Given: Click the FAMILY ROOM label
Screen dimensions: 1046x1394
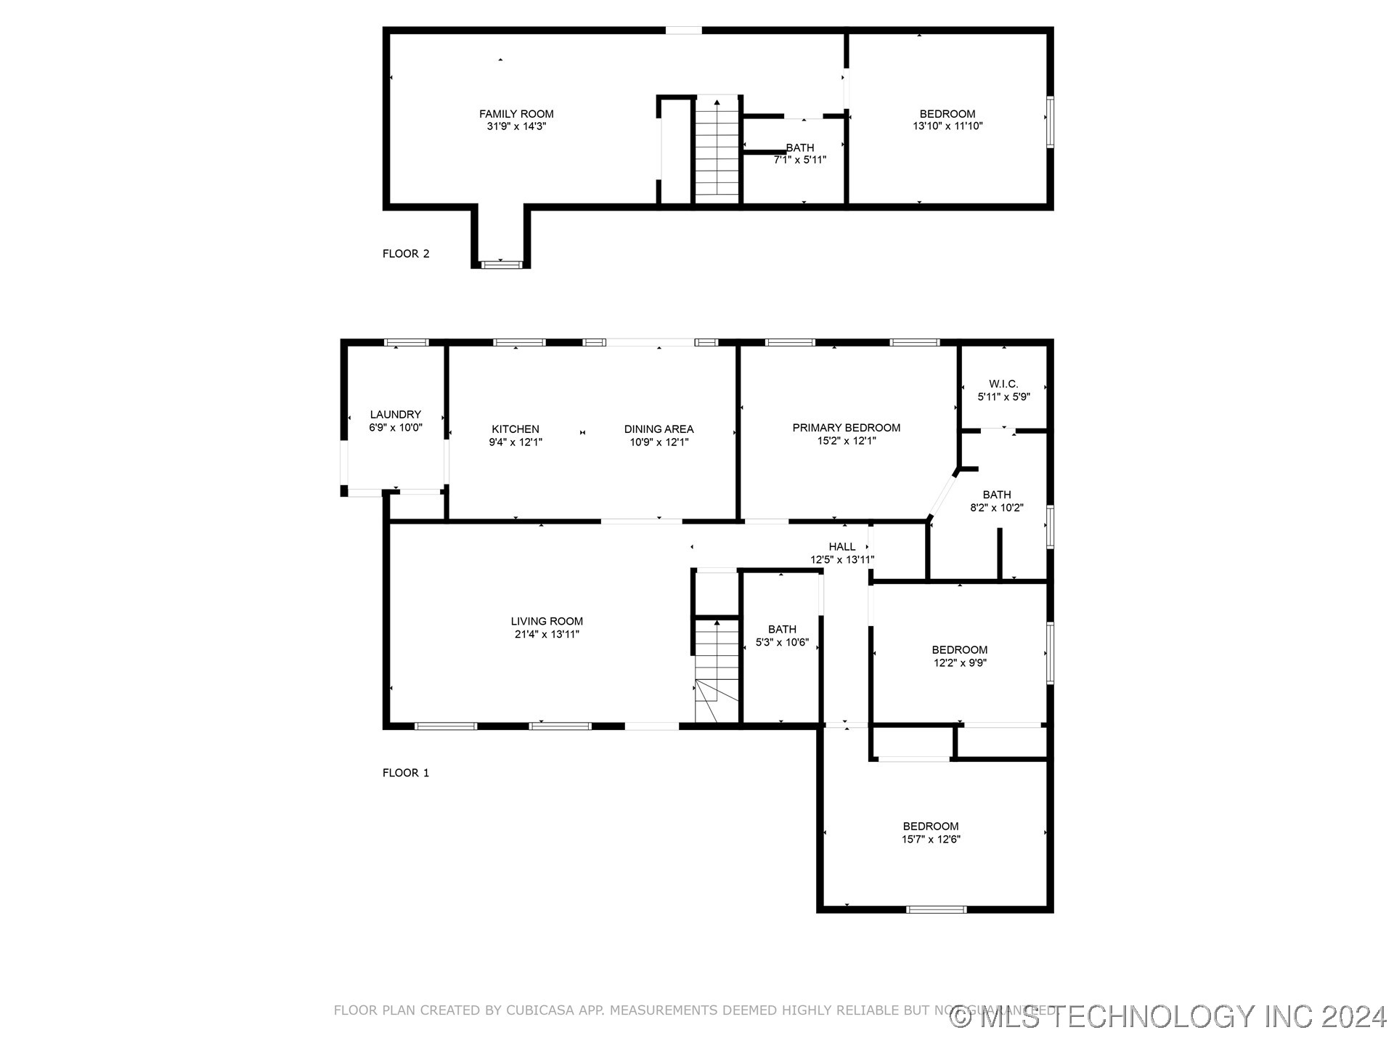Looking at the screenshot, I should click(x=516, y=114).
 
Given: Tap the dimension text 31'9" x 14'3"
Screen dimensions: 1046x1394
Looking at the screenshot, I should click(x=516, y=126).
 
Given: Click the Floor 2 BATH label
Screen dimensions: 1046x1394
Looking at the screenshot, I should click(x=800, y=147).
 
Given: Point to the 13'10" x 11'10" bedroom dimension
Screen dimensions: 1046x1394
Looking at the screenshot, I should click(x=947, y=126).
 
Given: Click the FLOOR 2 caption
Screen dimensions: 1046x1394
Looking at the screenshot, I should click(x=406, y=254).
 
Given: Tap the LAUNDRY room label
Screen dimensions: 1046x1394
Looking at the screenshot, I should click(x=396, y=415).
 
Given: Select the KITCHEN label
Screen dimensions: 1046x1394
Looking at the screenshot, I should click(x=515, y=429).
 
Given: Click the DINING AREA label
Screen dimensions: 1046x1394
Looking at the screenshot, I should click(x=659, y=429).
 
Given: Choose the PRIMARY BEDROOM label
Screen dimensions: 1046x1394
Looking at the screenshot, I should click(x=847, y=428).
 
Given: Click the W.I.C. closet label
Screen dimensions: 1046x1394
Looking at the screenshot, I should click(x=1003, y=384).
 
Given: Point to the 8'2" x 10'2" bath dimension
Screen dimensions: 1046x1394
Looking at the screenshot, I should click(x=997, y=508).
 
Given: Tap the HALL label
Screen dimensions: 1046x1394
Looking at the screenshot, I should click(x=842, y=547).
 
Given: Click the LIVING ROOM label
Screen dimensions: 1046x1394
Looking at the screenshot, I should click(x=547, y=621).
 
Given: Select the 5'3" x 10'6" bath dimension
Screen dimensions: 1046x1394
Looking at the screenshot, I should click(x=782, y=643).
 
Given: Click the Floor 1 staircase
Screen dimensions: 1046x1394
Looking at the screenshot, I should click(x=717, y=668).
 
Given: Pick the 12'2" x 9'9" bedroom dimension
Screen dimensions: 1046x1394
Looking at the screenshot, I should click(x=960, y=662).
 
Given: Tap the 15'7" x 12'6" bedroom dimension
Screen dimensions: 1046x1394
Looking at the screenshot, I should click(x=931, y=839).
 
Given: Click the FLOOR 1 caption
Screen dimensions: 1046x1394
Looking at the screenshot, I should click(x=406, y=773).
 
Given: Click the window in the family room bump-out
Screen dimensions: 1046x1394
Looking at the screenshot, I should click(x=502, y=264).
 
